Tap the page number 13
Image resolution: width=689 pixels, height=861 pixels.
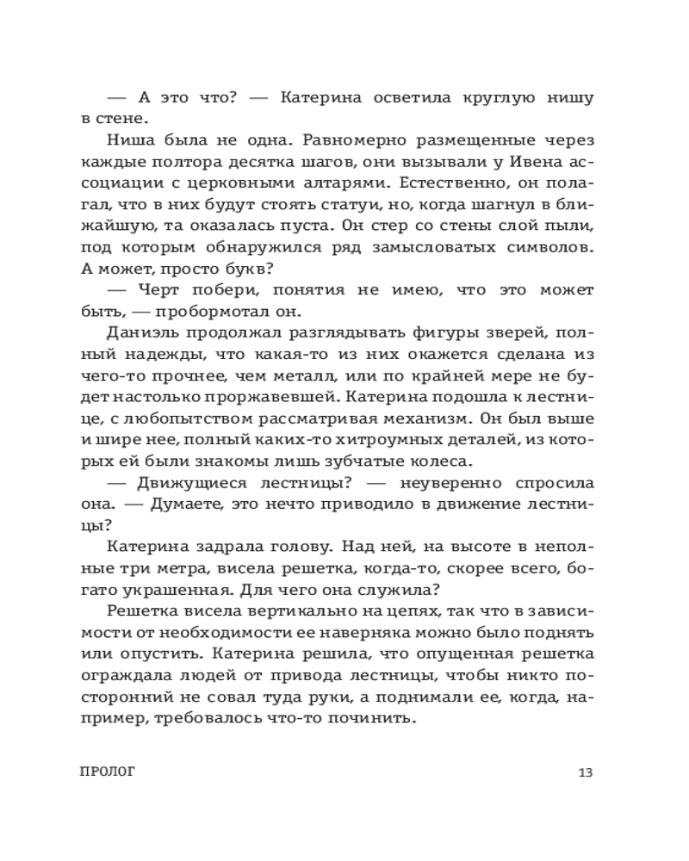tap(586, 771)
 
